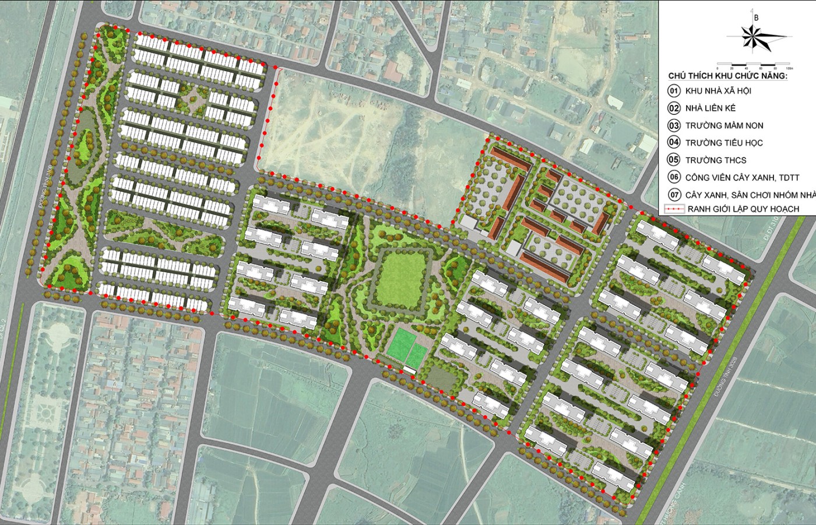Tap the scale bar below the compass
752,63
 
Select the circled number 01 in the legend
674,91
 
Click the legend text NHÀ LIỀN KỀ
711,108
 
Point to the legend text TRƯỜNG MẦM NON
724,125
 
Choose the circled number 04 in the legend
674,142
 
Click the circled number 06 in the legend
674,177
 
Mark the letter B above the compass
756,17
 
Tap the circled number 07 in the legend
674,194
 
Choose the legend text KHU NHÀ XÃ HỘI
718,91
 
